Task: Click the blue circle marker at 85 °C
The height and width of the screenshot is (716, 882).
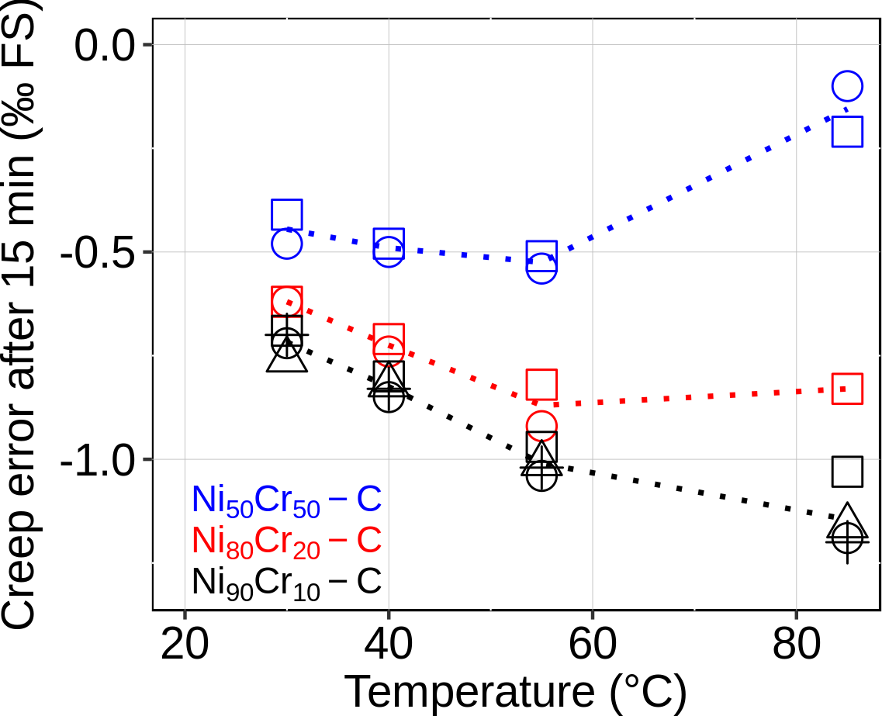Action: coord(847,86)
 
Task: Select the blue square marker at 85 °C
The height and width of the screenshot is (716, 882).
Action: coord(847,131)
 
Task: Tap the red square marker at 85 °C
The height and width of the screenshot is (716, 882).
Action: coord(847,388)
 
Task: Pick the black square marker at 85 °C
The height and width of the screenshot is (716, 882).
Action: coord(847,471)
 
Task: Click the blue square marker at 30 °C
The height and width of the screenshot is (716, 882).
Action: coord(286,214)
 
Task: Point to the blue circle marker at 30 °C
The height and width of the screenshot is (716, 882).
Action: coord(286,244)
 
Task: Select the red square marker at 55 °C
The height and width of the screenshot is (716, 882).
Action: coord(541,383)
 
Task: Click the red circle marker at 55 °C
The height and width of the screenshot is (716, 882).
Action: coord(541,424)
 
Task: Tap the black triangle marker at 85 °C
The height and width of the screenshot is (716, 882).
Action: coord(847,517)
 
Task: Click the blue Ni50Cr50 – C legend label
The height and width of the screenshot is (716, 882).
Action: coord(287,500)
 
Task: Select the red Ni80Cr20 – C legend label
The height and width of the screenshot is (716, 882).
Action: coord(287,541)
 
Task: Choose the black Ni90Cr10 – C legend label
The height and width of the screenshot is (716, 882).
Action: coord(287,582)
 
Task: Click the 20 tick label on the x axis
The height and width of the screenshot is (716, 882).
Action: coord(185,645)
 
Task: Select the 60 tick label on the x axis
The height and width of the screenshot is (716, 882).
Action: coord(592,645)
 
